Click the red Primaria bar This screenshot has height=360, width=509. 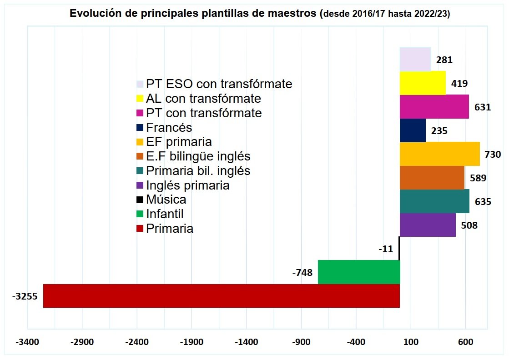221,296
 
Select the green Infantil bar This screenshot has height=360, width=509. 358,272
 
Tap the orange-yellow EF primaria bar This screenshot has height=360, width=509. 439,154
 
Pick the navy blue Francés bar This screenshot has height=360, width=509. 413,130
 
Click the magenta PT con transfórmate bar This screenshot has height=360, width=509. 434,106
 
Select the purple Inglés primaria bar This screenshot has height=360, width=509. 428,225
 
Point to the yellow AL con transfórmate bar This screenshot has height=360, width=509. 422,83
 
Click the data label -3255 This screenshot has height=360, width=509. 25,296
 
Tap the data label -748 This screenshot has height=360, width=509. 302,273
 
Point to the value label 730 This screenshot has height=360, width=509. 493,155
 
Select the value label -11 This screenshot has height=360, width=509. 385,249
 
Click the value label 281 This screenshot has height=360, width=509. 444,60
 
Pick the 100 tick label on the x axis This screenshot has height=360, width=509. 411,342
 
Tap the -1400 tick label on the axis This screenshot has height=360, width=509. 246,342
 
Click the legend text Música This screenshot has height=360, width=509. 166,200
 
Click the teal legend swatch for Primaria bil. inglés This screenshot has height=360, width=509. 140,171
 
